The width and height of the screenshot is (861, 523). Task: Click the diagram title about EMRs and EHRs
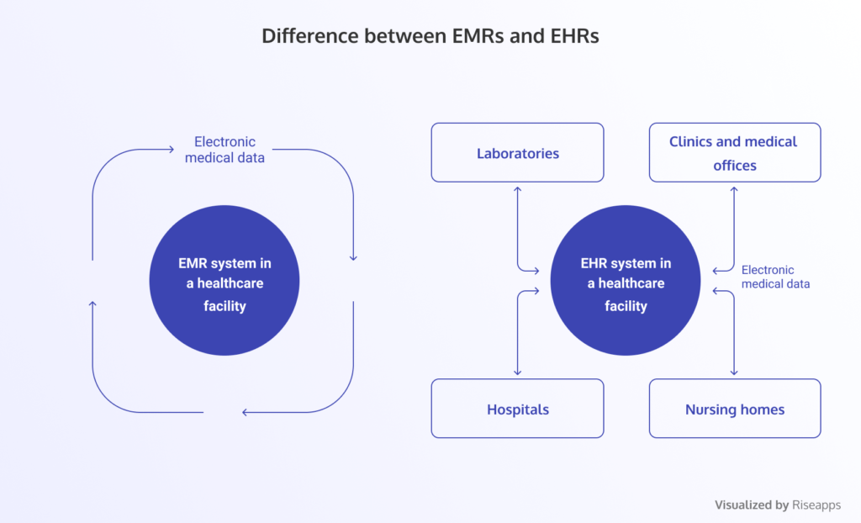[430, 36]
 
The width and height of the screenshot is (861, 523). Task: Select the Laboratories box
[517, 153]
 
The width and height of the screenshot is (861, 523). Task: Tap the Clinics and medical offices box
[735, 153]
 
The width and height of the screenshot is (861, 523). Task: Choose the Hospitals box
[517, 409]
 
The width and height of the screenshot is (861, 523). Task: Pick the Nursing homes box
[735, 409]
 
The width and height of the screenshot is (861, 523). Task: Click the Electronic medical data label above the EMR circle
[224, 149]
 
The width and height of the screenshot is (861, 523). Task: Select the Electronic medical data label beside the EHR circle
[775, 277]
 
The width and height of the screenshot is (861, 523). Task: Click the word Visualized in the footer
[744, 505]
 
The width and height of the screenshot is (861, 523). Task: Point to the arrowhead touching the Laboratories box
[517, 188]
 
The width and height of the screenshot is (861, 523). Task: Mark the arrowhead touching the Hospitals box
[517, 372]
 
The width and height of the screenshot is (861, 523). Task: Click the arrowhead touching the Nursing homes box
[734, 372]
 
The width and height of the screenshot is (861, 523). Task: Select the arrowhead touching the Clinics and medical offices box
[734, 188]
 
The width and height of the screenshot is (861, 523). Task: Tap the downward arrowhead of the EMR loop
[353, 256]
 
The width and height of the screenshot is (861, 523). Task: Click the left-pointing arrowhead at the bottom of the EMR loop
[246, 412]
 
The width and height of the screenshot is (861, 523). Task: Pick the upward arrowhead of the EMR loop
[92, 304]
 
